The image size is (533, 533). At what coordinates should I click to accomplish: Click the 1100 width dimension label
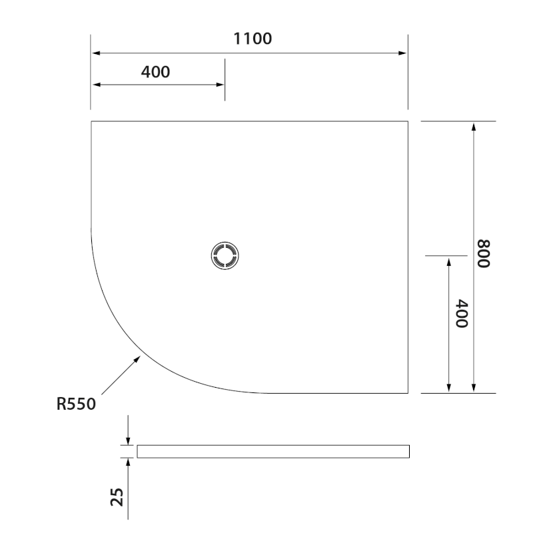pyautogui.click(x=252, y=39)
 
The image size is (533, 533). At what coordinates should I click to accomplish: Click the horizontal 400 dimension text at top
pyautogui.click(x=155, y=72)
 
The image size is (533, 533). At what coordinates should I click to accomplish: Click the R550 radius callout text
pyautogui.click(x=77, y=404)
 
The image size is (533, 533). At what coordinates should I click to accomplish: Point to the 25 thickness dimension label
pyautogui.click(x=117, y=496)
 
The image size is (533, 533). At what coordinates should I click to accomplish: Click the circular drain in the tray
pyautogui.click(x=224, y=257)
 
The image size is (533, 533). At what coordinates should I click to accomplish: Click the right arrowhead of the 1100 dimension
pyautogui.click(x=402, y=53)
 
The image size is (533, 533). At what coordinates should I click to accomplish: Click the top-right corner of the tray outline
pyautogui.click(x=408, y=121)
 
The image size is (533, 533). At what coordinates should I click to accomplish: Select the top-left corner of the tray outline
pyautogui.click(x=91, y=121)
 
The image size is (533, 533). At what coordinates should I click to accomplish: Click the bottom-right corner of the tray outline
pyautogui.click(x=408, y=393)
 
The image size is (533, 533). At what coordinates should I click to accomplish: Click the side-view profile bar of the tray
pyautogui.click(x=273, y=451)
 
